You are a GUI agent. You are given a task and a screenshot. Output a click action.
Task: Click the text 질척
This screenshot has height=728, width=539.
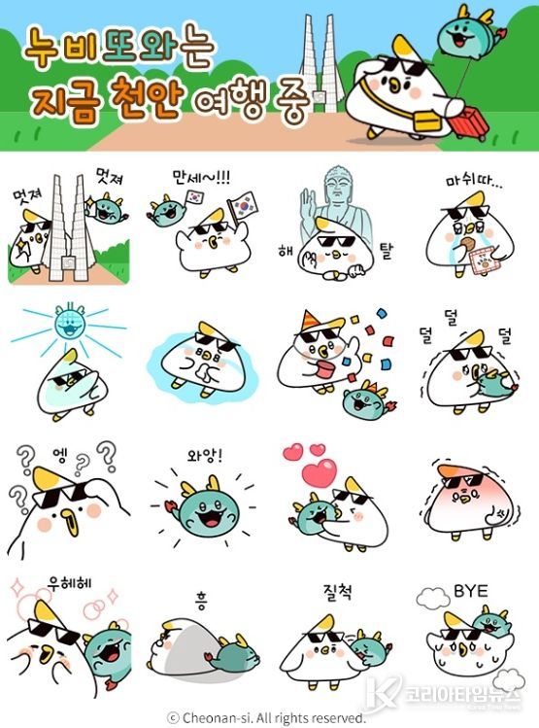335,590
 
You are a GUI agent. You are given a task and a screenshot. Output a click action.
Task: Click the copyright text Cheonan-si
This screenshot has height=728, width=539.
225,717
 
